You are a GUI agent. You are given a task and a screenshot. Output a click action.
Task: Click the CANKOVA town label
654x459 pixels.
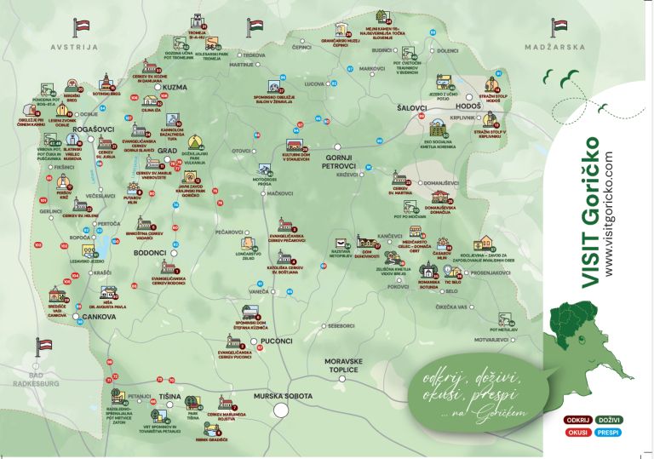tap(99, 317)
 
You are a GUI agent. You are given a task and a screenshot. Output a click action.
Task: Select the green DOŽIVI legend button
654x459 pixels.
tap(609, 420)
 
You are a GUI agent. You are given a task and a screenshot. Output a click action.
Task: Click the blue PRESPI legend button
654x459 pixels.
tap(609, 432)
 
